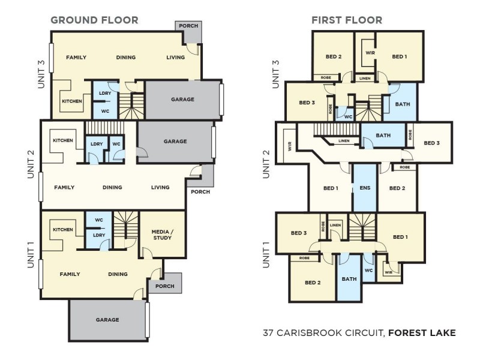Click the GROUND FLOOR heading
coord(94,20)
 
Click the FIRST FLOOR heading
coord(346,20)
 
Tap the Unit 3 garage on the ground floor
coord(182,99)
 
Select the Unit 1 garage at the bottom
coord(107,320)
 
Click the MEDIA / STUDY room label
coord(162,235)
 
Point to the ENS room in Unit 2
coord(364,188)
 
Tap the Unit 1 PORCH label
coord(164,286)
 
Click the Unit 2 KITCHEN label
coord(63,140)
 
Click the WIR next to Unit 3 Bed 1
coord(370,53)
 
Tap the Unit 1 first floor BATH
coord(349,278)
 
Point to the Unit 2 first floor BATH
coord(383,136)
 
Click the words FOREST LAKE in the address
coord(422,332)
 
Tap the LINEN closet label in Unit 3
coord(365,78)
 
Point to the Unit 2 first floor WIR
coord(290,144)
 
